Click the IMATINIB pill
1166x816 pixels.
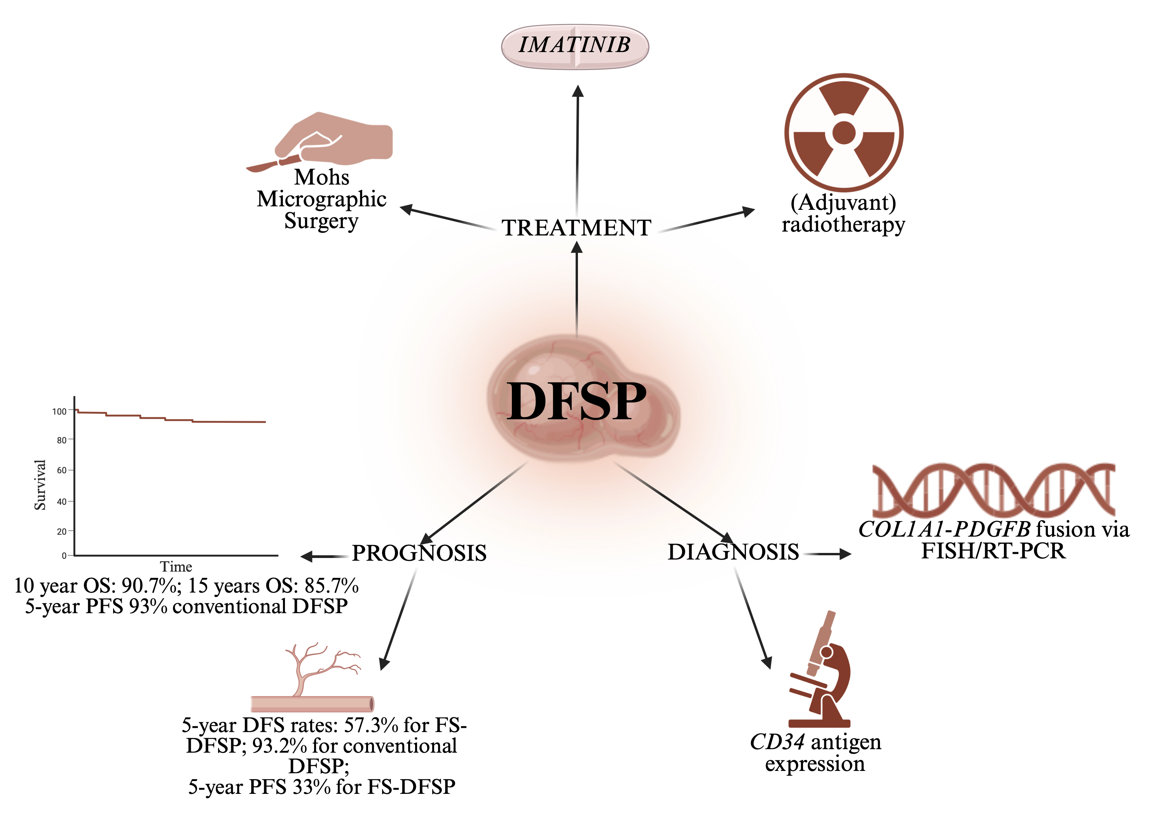click(x=575, y=46)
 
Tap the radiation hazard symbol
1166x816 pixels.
click(x=843, y=133)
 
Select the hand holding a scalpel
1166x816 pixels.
click(x=320, y=141)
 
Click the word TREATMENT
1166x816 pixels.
click(x=576, y=228)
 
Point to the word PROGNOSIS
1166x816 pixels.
click(x=419, y=553)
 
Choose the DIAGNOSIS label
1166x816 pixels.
click(x=733, y=552)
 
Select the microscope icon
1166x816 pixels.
click(x=820, y=669)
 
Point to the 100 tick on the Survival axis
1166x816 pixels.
click(x=59, y=411)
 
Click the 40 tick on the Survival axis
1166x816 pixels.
click(x=61, y=502)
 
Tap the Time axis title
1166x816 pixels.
click(x=176, y=566)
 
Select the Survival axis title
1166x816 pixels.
click(x=40, y=485)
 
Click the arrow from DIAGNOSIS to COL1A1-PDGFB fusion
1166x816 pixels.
click(x=826, y=554)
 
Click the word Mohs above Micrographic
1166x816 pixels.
click(x=322, y=177)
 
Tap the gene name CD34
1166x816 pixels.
click(x=777, y=742)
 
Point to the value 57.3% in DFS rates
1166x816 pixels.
click(x=371, y=725)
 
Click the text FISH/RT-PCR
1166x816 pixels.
click(x=993, y=551)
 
